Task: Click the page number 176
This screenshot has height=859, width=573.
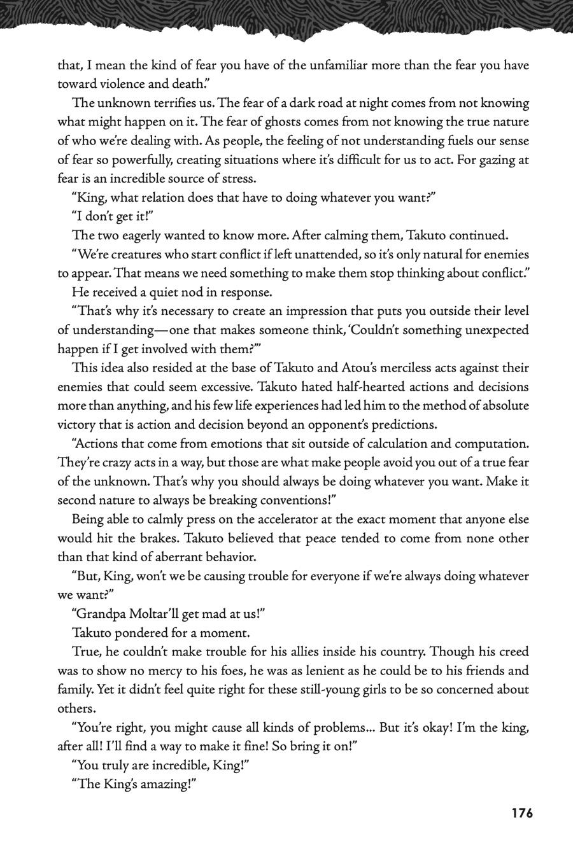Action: pos(521,813)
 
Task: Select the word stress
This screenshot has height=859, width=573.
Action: pos(239,178)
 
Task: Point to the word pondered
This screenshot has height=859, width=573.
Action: pos(138,633)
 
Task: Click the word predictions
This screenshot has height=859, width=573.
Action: pos(400,424)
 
